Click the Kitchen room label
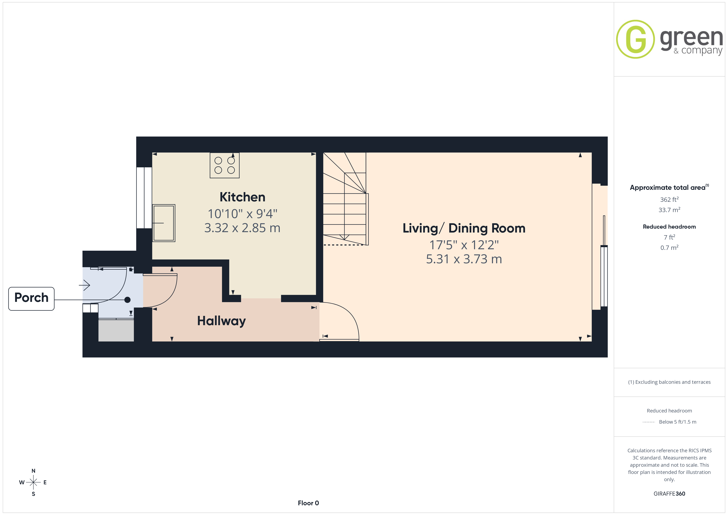(242, 197)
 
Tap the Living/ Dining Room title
(464, 228)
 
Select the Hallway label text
(221, 321)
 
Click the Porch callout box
(31, 299)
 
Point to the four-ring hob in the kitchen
(225, 165)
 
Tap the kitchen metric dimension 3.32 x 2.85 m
(242, 228)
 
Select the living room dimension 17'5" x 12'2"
(464, 245)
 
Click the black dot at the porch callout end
(128, 300)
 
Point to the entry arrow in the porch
(84, 285)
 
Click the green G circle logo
(635, 39)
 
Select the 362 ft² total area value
(669, 200)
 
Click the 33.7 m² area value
(669, 210)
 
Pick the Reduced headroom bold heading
(669, 227)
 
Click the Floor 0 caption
(308, 503)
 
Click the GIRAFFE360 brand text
(669, 494)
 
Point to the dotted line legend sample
(649, 422)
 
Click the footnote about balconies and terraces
(669, 382)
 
